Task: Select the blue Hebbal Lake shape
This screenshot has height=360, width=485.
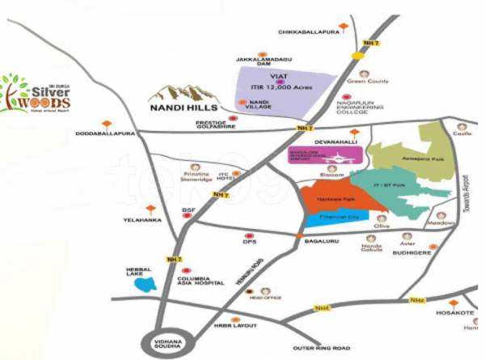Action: pos(146,284)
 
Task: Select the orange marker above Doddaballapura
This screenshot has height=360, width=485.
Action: pos(107,125)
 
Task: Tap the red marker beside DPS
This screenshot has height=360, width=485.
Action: pos(249,231)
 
